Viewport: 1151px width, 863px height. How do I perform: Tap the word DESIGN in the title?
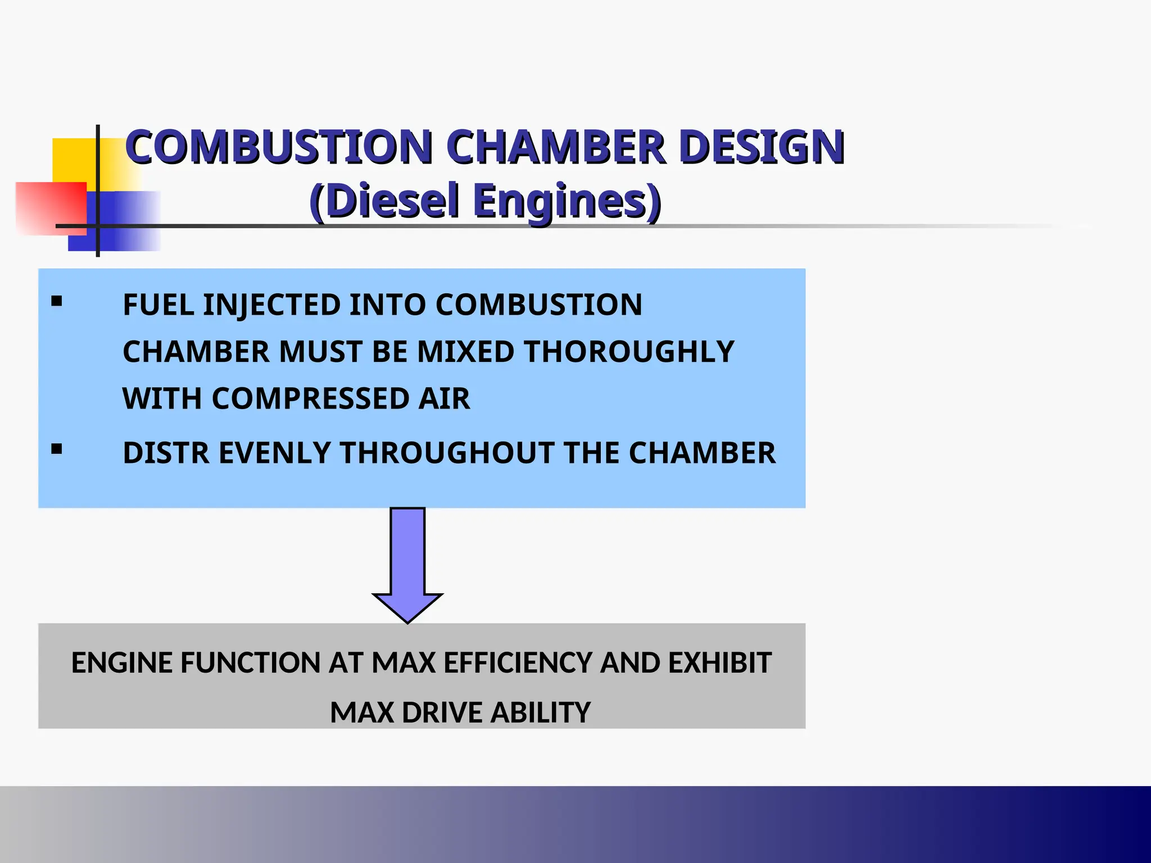[761, 147]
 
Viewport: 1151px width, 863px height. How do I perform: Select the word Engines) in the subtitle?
[567, 201]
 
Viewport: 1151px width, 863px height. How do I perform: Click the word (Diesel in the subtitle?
[384, 201]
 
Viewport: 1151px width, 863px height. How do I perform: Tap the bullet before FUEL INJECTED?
[56, 302]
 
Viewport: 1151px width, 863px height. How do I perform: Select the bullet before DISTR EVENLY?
[56, 449]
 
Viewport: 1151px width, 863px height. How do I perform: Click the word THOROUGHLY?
[629, 352]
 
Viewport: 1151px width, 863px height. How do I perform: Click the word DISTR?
[166, 453]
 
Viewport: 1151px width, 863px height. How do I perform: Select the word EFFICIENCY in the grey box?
[518, 663]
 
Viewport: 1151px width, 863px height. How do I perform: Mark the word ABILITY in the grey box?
[540, 712]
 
